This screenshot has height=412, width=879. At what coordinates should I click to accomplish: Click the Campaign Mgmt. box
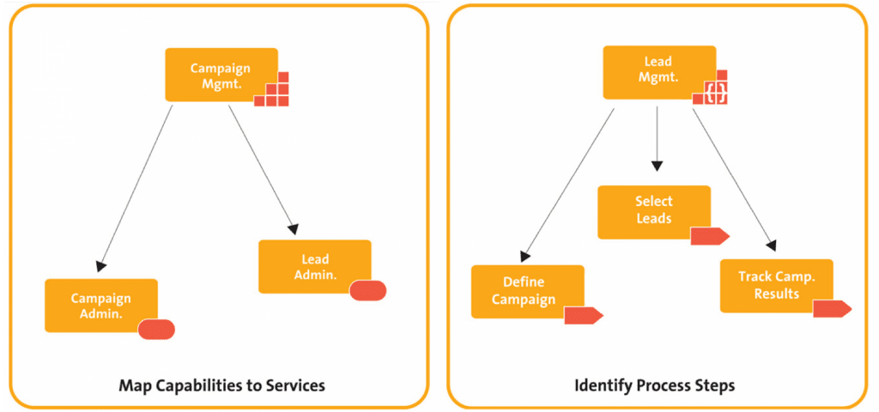coord(221,75)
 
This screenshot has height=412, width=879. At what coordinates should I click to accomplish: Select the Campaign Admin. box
coord(101,306)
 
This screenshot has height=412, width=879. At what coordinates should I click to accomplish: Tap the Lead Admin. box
coord(314,267)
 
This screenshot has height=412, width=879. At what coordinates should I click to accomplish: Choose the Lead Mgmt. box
coord(658,72)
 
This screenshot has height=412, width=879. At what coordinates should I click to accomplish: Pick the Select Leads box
coord(653,213)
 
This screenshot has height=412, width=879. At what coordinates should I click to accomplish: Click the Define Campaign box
coord(528,292)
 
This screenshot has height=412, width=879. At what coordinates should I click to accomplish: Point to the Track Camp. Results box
coord(776,286)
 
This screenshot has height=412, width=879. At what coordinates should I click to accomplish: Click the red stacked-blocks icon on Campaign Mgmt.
coord(271,89)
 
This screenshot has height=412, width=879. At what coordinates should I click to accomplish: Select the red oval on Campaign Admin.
coord(156,329)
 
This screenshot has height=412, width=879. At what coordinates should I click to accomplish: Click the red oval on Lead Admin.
coord(367,290)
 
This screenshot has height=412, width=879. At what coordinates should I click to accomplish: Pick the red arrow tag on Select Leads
coord(710,237)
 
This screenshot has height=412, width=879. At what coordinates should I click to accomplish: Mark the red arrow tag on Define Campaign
coord(584,316)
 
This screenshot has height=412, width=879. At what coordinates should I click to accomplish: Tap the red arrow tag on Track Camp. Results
coord(833,309)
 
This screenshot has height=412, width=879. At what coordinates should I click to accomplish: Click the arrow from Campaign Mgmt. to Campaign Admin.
coord(135,189)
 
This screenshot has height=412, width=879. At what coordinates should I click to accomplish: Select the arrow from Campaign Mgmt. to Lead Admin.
coord(263,170)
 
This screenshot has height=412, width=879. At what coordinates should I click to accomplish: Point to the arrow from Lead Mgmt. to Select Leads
coord(657,139)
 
